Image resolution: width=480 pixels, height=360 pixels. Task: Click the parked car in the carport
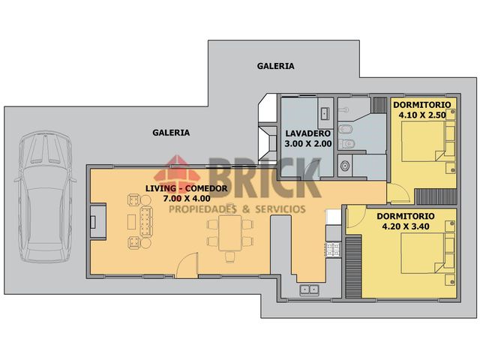click(x=44, y=196)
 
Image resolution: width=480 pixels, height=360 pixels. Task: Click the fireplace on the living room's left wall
click(x=94, y=222)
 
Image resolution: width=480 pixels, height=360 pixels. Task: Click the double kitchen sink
click(x=309, y=289)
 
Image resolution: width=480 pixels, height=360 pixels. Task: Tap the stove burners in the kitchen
click(x=333, y=247)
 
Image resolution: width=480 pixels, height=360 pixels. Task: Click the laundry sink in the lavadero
click(x=325, y=113)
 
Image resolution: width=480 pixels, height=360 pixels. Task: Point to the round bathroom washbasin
click(x=345, y=164)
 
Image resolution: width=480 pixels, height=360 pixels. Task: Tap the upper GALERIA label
click(x=275, y=66)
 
